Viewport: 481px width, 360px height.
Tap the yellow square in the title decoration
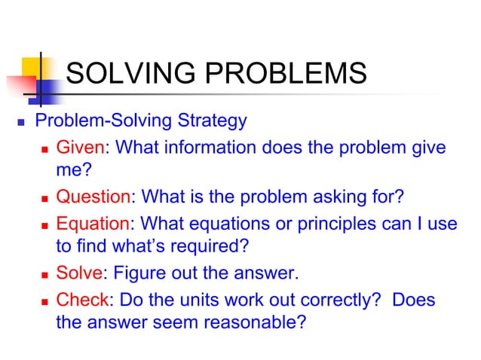pyautogui.click(x=33, y=60)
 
